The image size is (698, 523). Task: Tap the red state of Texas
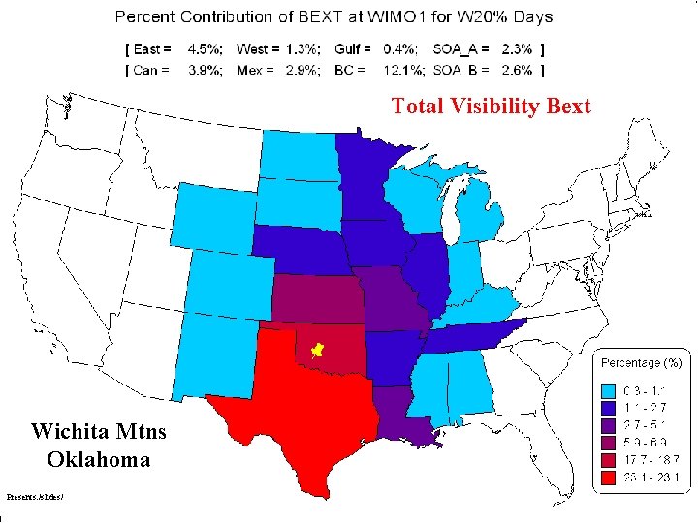(x=301, y=416)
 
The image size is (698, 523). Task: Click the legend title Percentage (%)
(x=641, y=362)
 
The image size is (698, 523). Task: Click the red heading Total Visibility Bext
(x=491, y=107)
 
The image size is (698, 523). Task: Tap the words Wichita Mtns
(x=98, y=431)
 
